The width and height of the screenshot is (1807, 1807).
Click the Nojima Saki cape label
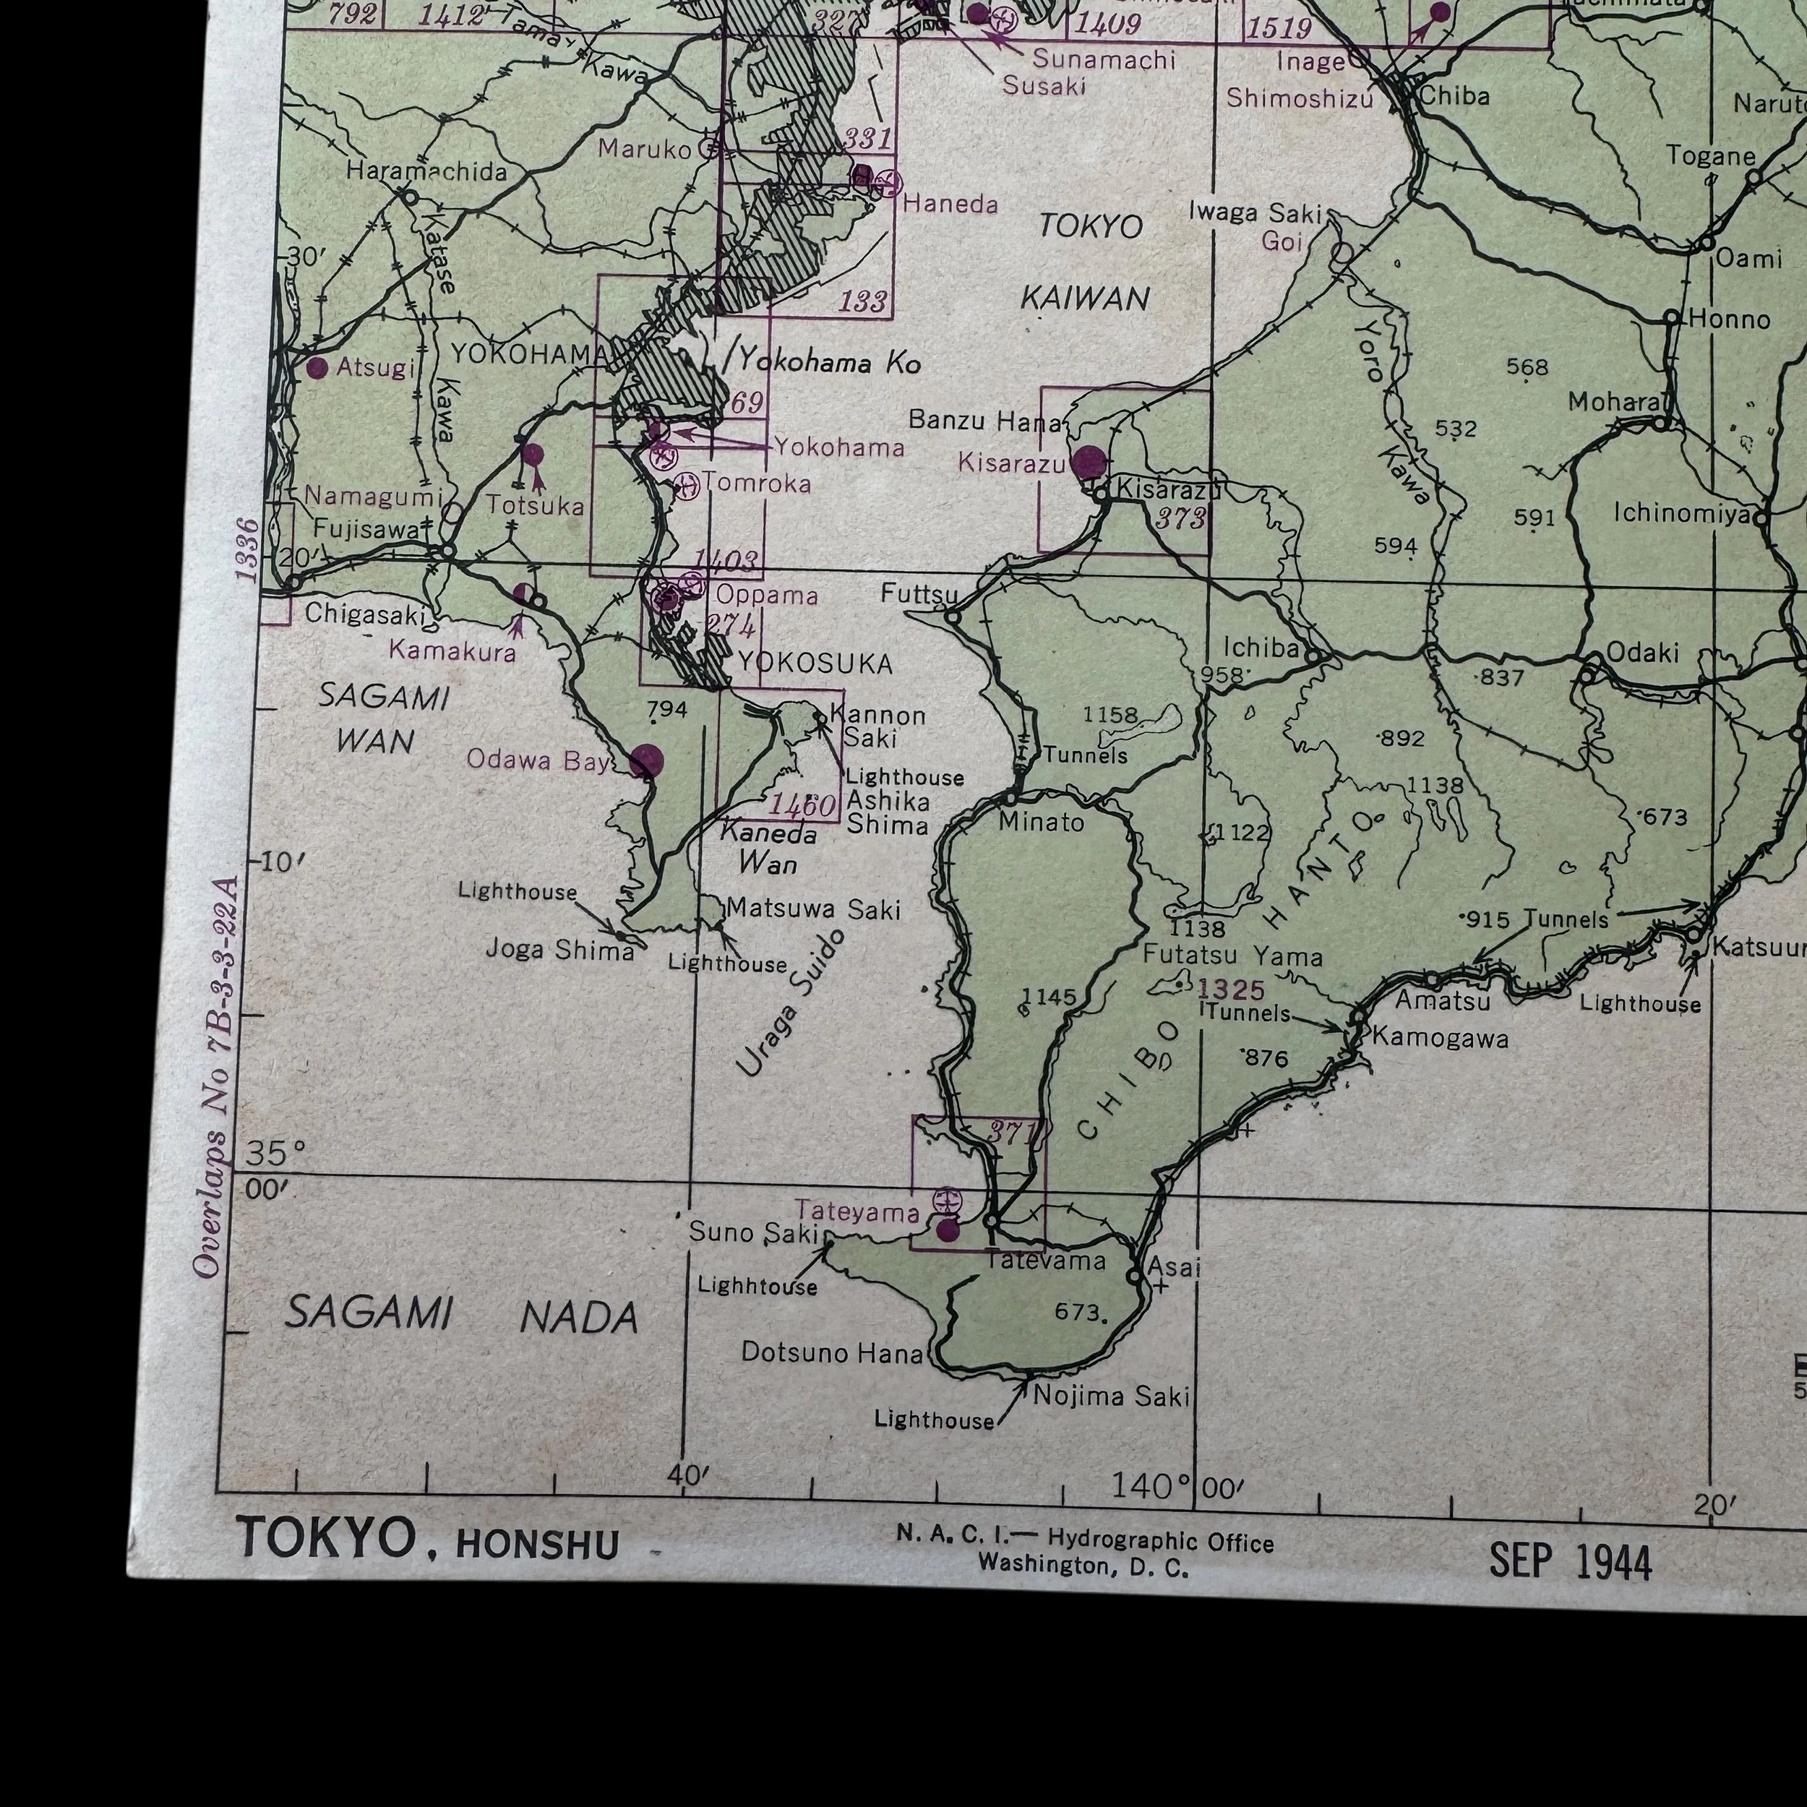(x=1111, y=1396)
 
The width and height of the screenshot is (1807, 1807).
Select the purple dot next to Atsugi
(x=317, y=368)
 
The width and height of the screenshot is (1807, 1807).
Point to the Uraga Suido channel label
(x=790, y=1003)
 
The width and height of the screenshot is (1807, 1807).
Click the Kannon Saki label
(x=877, y=726)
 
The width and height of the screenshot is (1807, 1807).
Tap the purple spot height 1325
(x=1232, y=989)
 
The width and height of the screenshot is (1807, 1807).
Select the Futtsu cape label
(x=919, y=595)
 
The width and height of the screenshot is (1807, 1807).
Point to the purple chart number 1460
(x=802, y=804)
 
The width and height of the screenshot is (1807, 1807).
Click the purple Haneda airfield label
(x=950, y=203)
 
